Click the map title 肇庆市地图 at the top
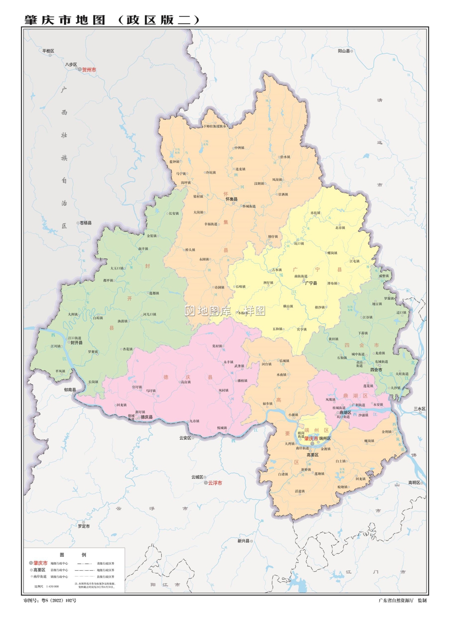pos(65,20)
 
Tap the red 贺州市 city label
pos(89,70)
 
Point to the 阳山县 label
pos(344,51)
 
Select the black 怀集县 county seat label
pos(232,199)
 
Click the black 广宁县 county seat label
pos(311,283)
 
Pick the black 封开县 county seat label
pos(77,343)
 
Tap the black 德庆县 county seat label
pos(147,417)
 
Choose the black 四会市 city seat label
pos(376,370)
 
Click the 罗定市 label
pos(84,526)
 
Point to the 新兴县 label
pos(243,541)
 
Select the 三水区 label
pos(419,409)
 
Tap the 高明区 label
pos(414,482)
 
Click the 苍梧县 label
pos(86,223)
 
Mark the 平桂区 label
pos(48,51)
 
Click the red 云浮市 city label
pos(215,483)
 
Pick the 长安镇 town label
pos(174,214)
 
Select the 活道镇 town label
pos(300,491)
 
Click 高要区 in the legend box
pos(39,570)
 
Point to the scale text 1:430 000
pos(52,586)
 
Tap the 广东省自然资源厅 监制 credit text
pos(402,600)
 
